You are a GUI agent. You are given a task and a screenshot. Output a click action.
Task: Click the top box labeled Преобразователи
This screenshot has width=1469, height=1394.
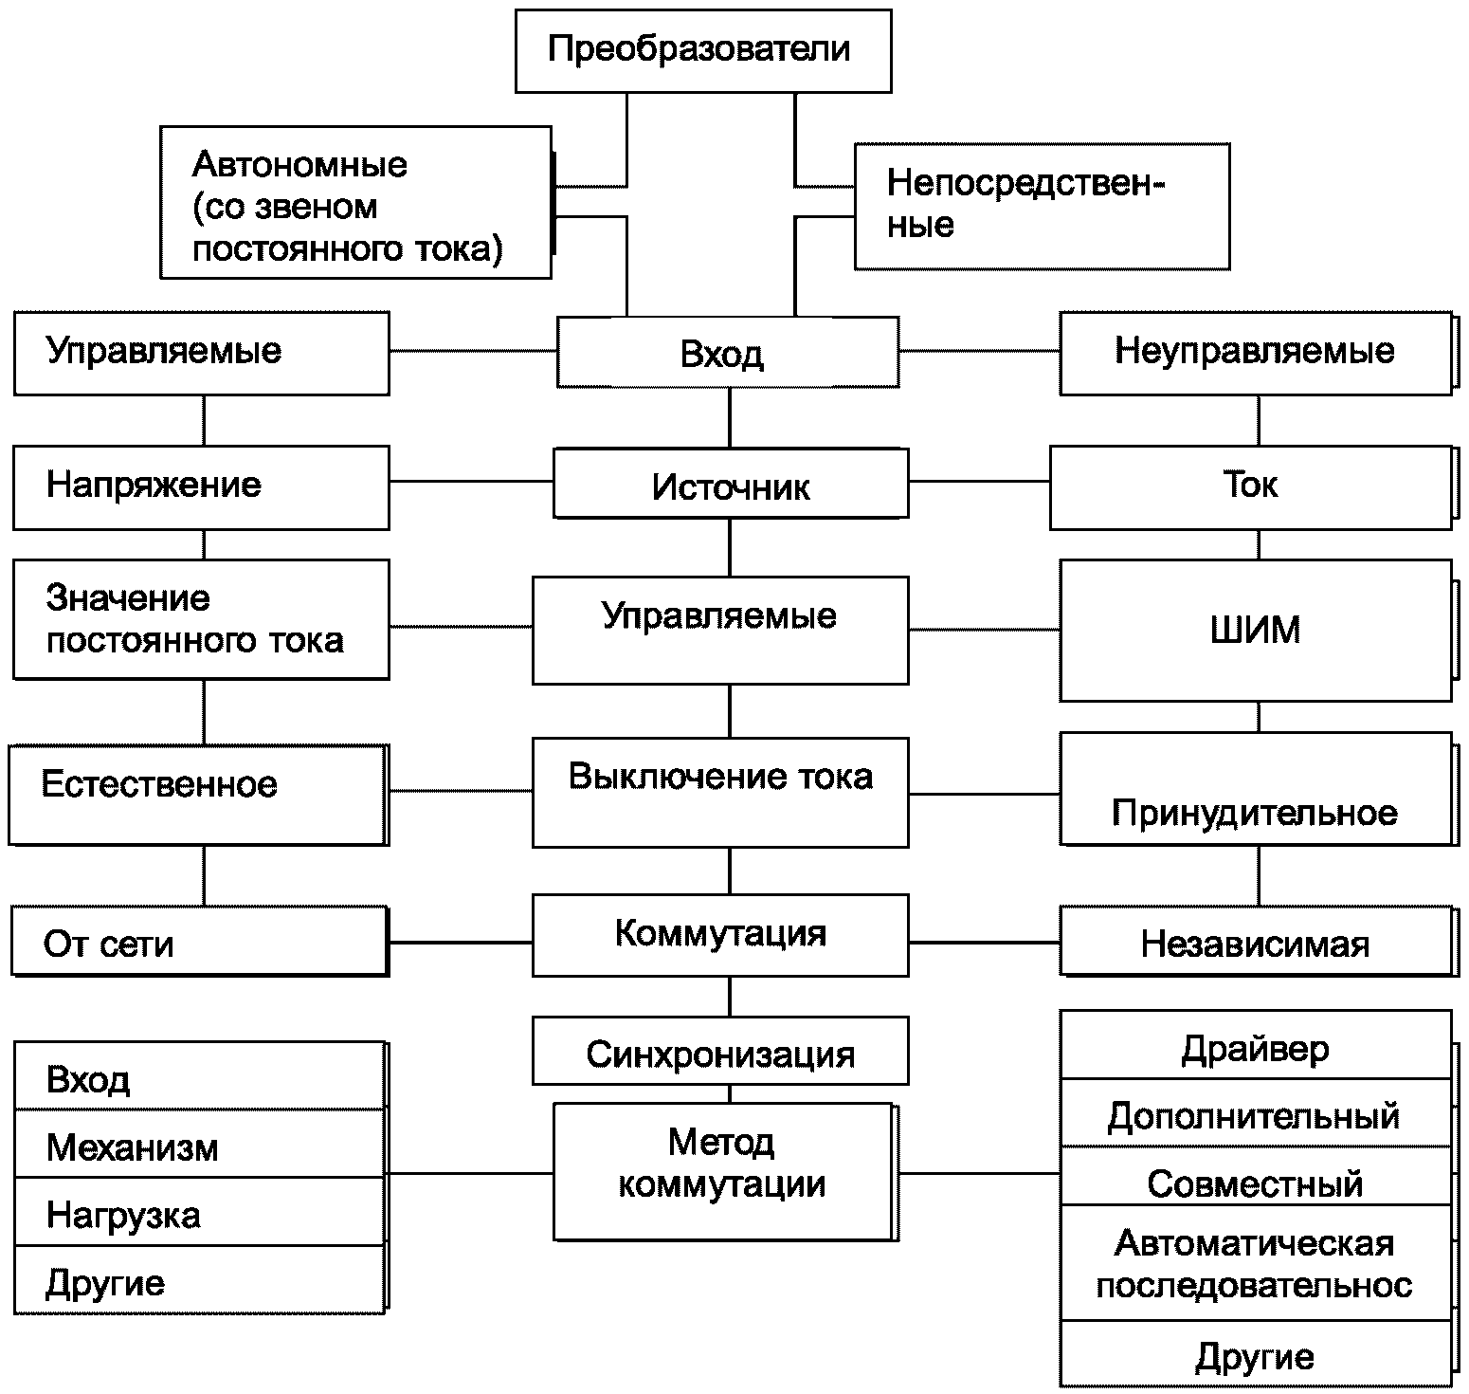(702, 50)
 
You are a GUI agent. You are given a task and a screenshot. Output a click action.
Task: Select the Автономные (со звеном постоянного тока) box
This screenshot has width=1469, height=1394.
(355, 203)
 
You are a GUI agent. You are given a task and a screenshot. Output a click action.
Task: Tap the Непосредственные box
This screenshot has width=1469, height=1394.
(1042, 206)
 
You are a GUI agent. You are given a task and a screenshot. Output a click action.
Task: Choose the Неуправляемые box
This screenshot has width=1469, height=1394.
(1254, 352)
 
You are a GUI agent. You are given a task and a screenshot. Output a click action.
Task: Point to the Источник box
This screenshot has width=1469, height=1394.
(730, 486)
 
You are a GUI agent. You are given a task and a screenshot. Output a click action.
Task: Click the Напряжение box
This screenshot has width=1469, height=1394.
(200, 486)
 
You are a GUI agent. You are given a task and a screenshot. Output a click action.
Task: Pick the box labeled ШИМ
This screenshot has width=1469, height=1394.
(1254, 630)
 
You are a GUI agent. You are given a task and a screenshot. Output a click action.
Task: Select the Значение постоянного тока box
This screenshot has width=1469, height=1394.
(200, 619)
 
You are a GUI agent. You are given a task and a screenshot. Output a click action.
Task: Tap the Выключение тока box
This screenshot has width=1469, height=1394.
(719, 792)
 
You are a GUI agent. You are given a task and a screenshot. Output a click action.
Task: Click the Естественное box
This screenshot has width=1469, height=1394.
(196, 794)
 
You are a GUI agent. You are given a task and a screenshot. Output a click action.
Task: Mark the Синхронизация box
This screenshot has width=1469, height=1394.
(719, 1052)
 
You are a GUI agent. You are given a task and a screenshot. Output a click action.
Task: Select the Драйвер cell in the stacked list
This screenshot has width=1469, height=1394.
(1254, 1046)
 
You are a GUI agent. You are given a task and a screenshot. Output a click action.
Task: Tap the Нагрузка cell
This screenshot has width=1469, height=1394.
(199, 1213)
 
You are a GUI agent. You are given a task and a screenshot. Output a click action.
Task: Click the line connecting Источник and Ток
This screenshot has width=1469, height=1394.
(979, 481)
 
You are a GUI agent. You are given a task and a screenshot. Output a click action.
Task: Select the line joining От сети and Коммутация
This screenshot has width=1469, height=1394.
(461, 942)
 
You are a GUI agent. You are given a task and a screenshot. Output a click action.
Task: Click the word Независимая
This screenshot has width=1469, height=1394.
(1254, 945)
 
